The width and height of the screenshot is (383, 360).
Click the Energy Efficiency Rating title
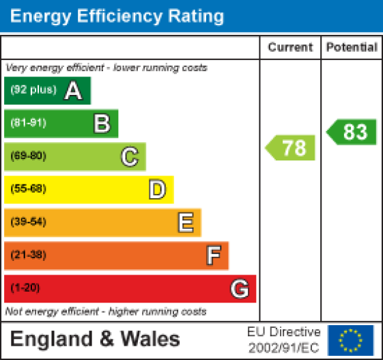point(117,16)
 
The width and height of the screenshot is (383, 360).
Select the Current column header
point(290,47)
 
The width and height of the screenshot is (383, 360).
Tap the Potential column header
point(352,47)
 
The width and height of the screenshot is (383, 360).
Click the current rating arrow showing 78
point(292,148)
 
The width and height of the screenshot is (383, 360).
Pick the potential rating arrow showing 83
point(352,131)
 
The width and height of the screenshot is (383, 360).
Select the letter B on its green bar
point(102,124)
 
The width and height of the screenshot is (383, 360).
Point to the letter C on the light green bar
point(129,156)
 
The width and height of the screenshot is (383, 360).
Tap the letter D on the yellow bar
point(157,189)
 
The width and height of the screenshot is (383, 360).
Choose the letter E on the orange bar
point(185,222)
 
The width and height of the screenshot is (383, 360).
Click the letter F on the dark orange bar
point(213,255)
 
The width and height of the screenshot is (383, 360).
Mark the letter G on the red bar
point(239,289)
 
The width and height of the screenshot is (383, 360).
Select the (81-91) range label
point(28,124)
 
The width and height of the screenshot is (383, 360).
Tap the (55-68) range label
point(28,189)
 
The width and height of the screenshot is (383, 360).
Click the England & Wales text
point(95,339)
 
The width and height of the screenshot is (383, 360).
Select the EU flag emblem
point(351,340)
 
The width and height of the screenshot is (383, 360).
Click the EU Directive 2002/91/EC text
point(283,340)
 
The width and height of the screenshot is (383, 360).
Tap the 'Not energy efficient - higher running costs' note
point(106,311)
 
